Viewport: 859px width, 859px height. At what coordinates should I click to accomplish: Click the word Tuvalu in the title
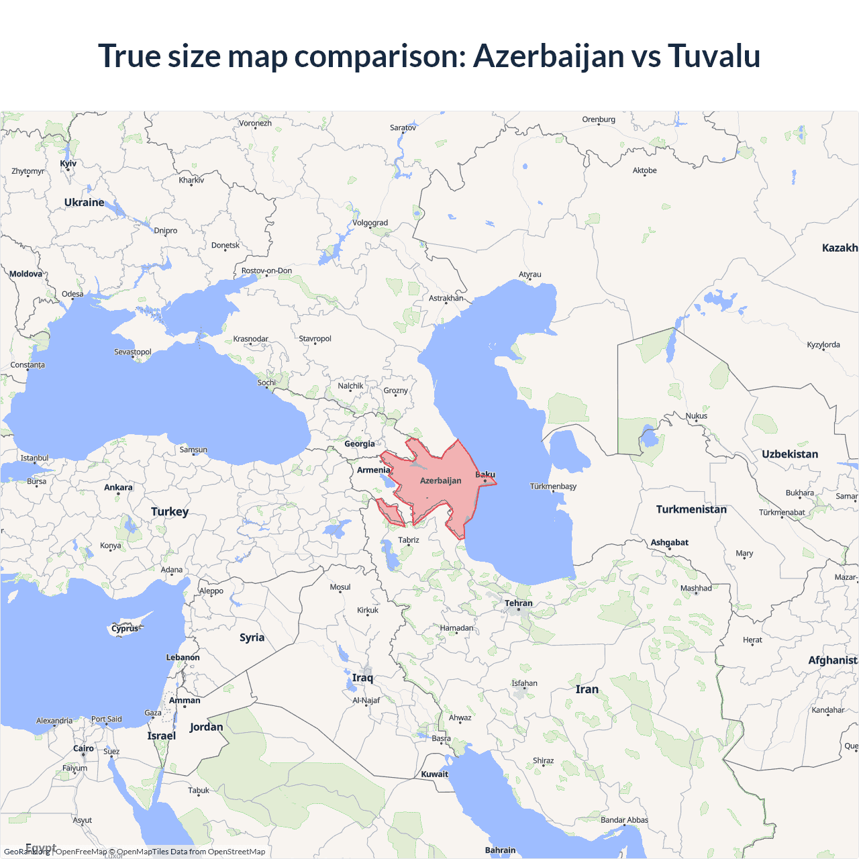point(713,56)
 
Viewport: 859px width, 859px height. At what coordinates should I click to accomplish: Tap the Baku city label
point(485,475)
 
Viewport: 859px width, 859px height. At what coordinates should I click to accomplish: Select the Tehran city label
point(519,603)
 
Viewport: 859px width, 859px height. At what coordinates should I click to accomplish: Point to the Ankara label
point(118,488)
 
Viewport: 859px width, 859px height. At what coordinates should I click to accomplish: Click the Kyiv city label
point(68,164)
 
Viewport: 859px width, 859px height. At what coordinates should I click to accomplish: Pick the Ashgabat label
point(669,542)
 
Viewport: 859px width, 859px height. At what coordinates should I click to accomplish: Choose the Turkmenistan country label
point(691,509)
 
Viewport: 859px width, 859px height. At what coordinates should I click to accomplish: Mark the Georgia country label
point(360,444)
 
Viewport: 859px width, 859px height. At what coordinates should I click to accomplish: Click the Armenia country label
point(373,470)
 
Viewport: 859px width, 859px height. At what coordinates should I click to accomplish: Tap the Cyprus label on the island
point(125,629)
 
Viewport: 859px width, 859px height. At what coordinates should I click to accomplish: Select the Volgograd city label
point(370,223)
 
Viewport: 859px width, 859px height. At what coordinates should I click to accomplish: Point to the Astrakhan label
point(446,298)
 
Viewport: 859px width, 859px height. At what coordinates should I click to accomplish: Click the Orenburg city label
point(599,119)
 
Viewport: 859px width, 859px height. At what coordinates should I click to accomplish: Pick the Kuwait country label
point(435,774)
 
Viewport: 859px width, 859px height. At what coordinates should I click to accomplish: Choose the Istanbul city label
point(34,458)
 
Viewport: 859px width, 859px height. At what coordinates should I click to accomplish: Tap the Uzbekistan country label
point(790,454)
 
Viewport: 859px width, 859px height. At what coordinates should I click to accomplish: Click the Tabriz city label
point(409,540)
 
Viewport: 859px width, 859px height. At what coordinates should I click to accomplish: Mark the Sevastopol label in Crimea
point(133,352)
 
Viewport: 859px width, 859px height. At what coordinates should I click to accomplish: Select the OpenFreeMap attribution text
point(81,852)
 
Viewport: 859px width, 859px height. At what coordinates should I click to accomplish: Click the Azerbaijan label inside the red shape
point(441,481)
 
